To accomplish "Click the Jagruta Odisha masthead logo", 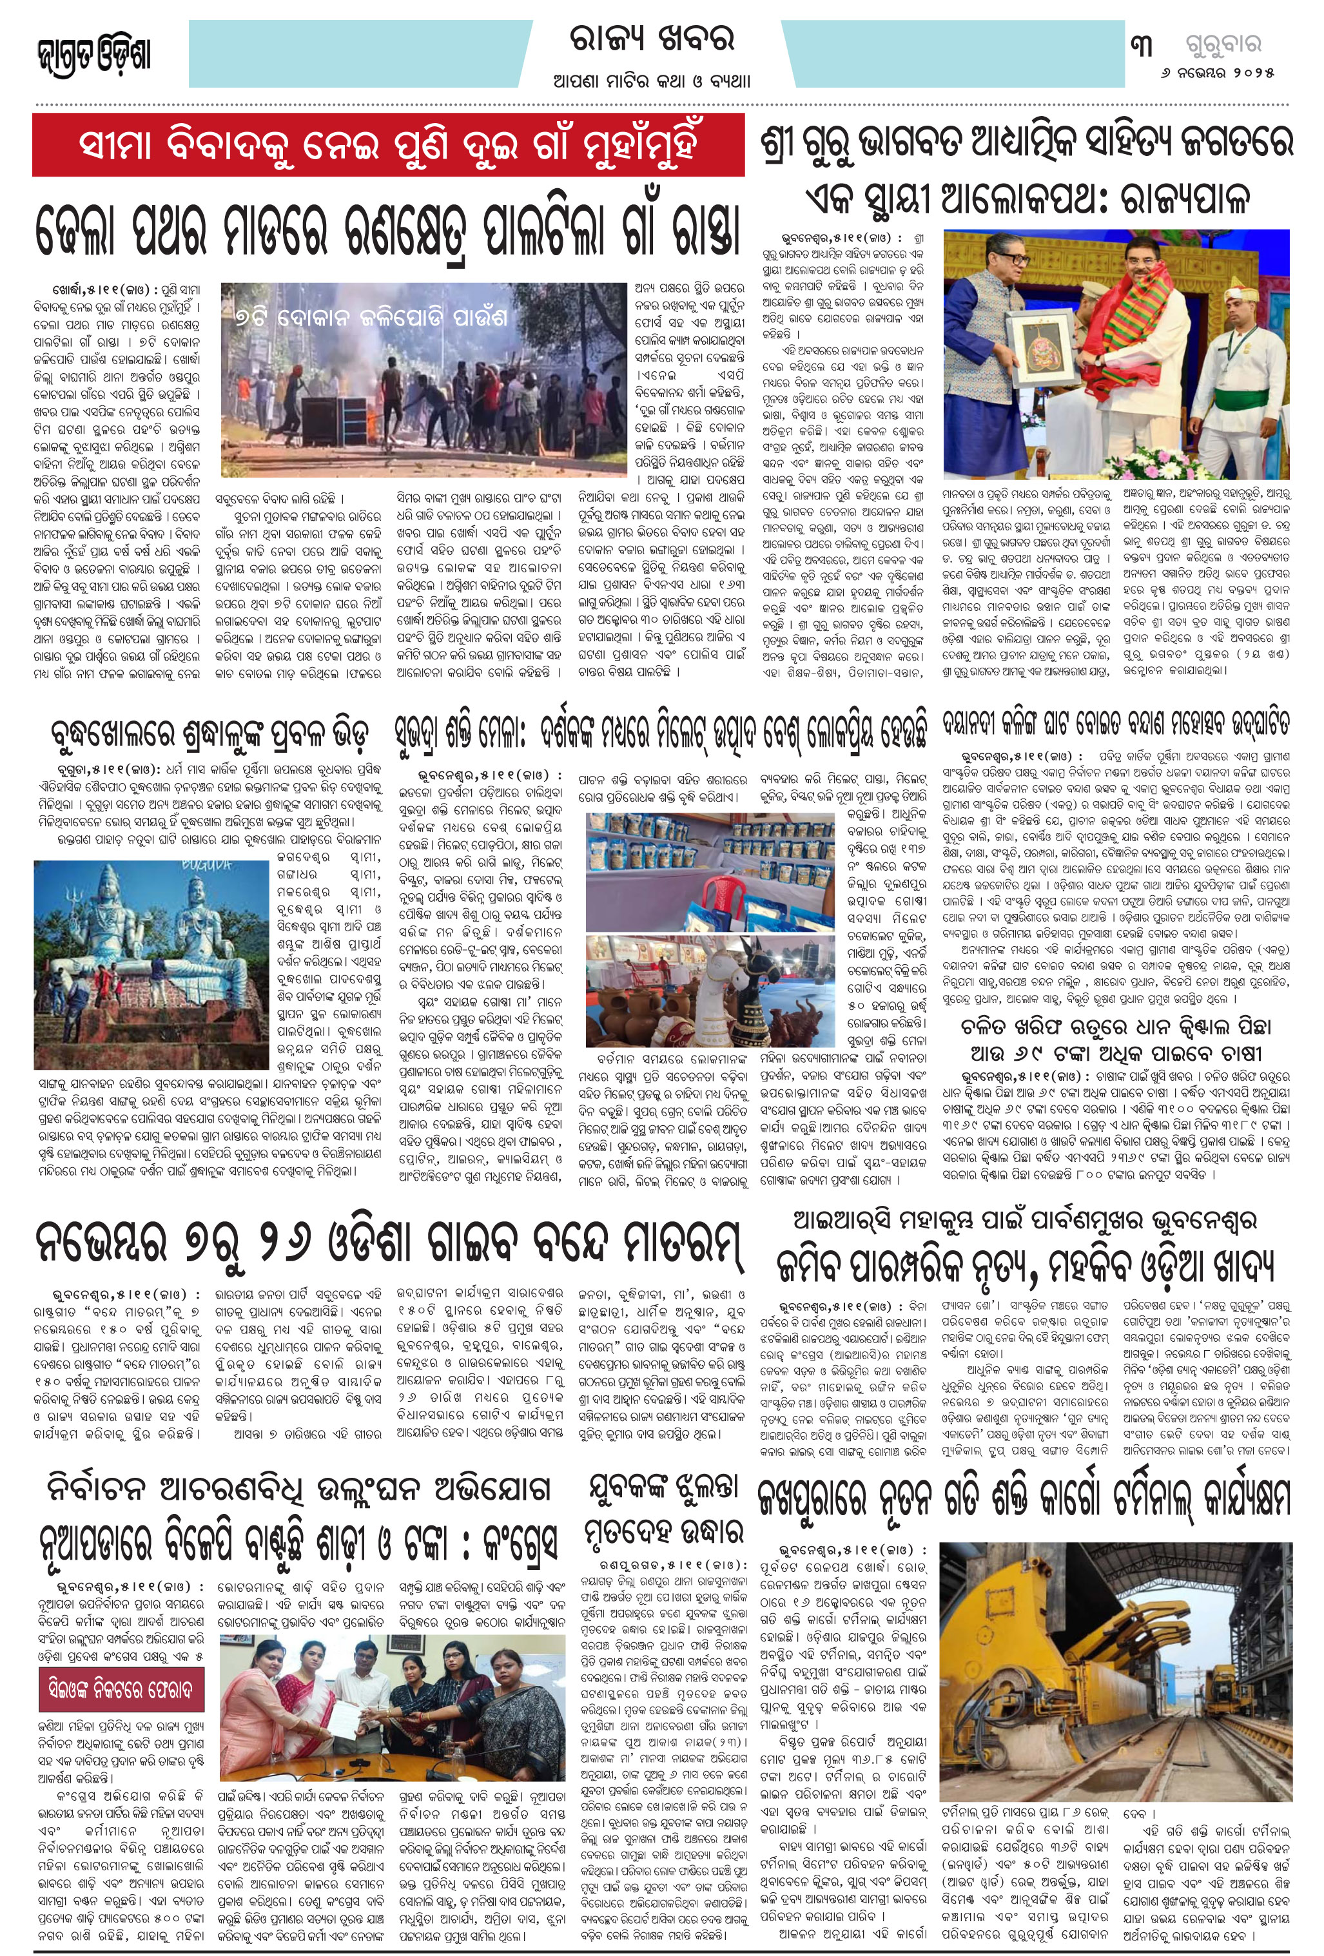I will pyautogui.click(x=94, y=55).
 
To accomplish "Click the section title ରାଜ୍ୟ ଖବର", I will pyautogui.click(x=652, y=39).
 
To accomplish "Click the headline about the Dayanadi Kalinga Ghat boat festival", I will pyautogui.click(x=1115, y=724).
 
